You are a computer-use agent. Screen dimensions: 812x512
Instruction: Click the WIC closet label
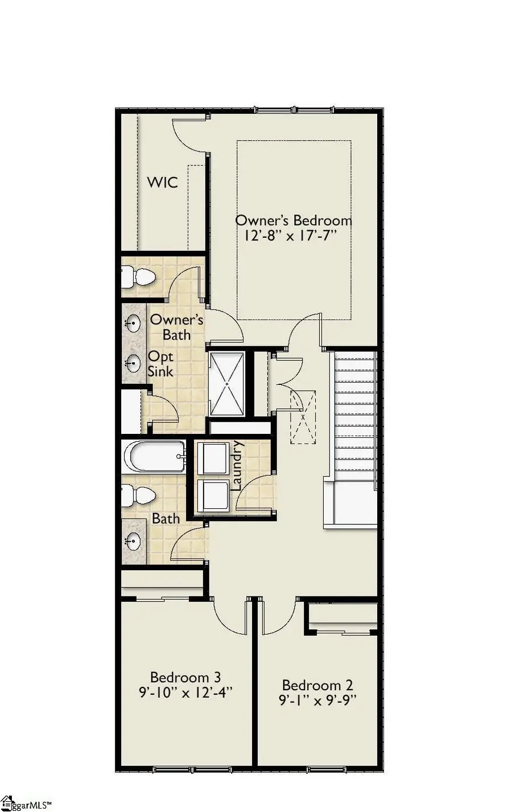[x=162, y=183]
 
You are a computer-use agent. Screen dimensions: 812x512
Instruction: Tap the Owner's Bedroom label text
[x=294, y=221]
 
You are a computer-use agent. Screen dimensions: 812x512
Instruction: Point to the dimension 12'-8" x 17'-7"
[x=294, y=237]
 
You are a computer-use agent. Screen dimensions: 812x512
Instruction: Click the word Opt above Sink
[x=160, y=357]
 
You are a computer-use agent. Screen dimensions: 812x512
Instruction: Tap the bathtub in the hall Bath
[x=154, y=456]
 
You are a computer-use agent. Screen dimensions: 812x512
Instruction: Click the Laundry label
[x=237, y=466]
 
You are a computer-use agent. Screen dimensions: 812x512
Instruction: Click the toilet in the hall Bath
[x=138, y=496]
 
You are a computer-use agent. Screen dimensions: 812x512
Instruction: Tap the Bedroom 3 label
[x=185, y=677]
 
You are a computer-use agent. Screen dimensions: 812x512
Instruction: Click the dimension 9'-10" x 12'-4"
[x=185, y=693]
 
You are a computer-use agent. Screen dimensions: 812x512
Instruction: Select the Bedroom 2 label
[x=317, y=685]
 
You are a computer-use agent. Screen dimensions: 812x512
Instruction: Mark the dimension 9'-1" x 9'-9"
[x=317, y=701]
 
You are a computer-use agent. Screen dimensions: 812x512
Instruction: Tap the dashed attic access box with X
[x=303, y=417]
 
